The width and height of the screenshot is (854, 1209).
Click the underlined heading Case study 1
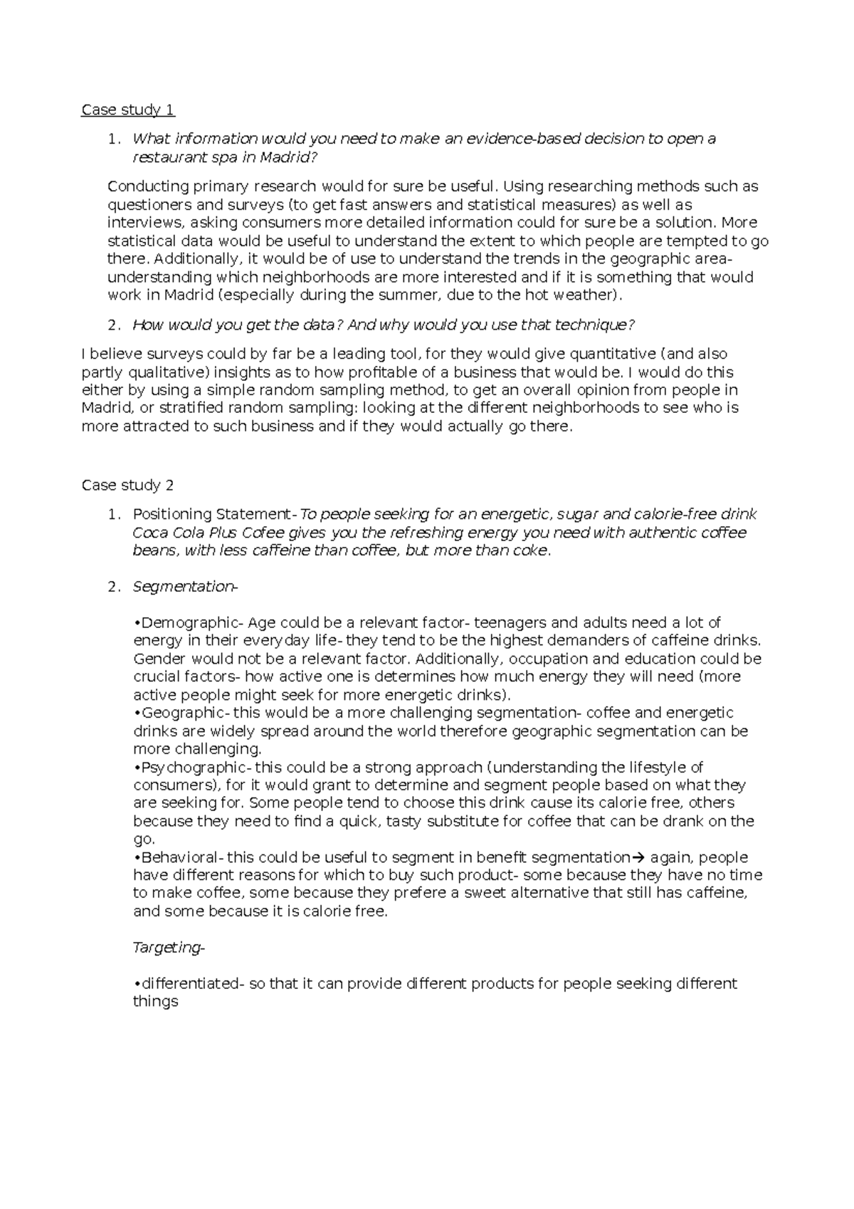128,110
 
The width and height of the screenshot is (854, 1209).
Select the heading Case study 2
128,486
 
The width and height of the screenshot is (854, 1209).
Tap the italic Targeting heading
169,948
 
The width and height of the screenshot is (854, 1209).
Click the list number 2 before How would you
112,325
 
